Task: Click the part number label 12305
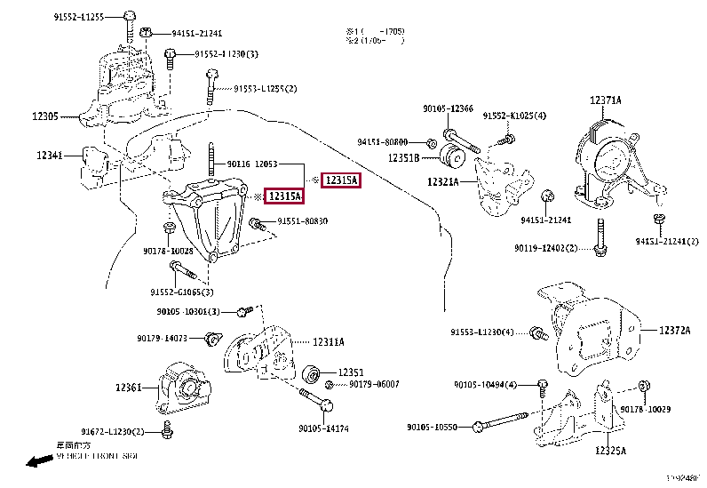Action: [45, 116]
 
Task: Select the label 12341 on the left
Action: [49, 156]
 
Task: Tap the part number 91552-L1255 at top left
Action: [78, 17]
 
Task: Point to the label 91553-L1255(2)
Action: [266, 88]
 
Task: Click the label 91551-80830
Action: [302, 221]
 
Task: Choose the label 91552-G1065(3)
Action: [182, 292]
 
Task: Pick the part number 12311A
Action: [328, 341]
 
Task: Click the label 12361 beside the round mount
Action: [129, 388]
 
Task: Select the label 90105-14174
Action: [324, 428]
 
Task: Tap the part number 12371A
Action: [606, 100]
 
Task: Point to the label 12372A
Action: [674, 330]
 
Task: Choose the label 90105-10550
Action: [432, 427]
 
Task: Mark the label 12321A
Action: [442, 182]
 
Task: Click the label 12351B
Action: [405, 159]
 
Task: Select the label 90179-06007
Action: [374, 384]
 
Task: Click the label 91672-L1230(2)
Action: [114, 431]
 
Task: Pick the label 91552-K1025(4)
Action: [514, 116]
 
